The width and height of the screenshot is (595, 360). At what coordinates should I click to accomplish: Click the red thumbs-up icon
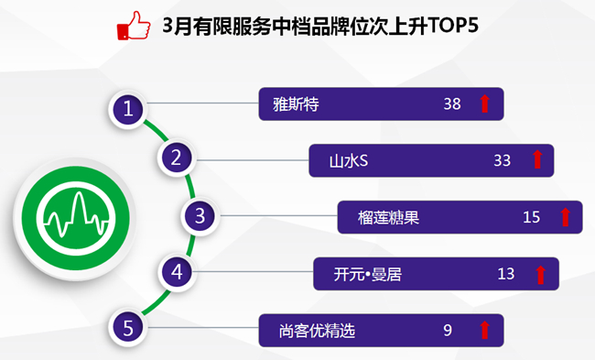(134, 25)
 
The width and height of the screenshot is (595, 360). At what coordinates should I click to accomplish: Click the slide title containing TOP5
(320, 26)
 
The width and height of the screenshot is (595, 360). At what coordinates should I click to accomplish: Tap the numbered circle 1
(128, 109)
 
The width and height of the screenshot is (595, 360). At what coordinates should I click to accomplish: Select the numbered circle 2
(177, 158)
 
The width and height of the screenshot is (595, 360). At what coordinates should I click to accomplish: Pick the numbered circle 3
(200, 215)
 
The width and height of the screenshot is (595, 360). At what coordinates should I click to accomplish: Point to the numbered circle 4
(178, 272)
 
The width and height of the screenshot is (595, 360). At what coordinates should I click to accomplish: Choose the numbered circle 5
(128, 327)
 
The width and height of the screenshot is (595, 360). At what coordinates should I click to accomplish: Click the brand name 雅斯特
(296, 104)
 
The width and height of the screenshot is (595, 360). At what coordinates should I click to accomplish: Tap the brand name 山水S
(349, 160)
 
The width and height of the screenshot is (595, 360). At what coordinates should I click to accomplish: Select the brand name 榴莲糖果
(388, 218)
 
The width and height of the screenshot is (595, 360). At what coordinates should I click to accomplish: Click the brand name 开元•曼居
(367, 274)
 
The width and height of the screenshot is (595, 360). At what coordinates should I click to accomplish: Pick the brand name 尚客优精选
(317, 331)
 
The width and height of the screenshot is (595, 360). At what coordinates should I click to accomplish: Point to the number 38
(452, 104)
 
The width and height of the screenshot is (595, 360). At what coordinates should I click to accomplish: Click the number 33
(502, 160)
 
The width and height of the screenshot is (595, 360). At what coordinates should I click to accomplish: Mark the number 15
(531, 217)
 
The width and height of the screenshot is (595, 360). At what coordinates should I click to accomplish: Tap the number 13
(506, 274)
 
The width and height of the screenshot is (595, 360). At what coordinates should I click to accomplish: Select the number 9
(448, 331)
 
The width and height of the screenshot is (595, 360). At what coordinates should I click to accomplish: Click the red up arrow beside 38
(484, 104)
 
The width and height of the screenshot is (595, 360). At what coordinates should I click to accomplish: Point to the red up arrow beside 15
(565, 217)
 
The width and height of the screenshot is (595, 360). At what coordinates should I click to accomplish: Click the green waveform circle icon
(75, 218)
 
